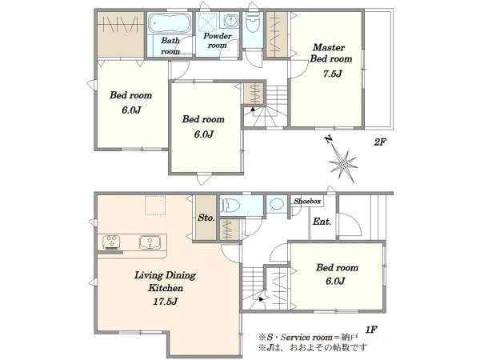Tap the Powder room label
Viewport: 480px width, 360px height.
click(x=218, y=41)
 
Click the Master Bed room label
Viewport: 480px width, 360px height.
click(x=331, y=53)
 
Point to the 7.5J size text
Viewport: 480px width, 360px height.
click(x=333, y=74)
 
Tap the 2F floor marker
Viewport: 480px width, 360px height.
click(x=380, y=142)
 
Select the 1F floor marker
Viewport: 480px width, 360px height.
click(x=371, y=330)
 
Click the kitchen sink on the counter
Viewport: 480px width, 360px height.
click(x=150, y=242)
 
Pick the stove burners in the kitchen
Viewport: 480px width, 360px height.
click(x=111, y=242)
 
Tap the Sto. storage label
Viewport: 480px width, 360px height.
click(x=206, y=218)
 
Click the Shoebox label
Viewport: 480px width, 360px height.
click(x=307, y=201)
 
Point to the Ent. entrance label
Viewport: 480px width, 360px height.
click(x=322, y=222)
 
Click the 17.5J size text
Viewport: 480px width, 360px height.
click(x=166, y=302)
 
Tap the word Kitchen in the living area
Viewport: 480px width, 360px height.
click(x=166, y=288)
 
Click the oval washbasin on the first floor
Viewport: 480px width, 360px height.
click(x=278, y=204)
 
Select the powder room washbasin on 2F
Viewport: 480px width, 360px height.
click(x=229, y=21)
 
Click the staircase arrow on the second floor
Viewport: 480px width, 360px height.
click(x=253, y=110)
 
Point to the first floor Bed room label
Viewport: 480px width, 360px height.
click(x=337, y=267)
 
